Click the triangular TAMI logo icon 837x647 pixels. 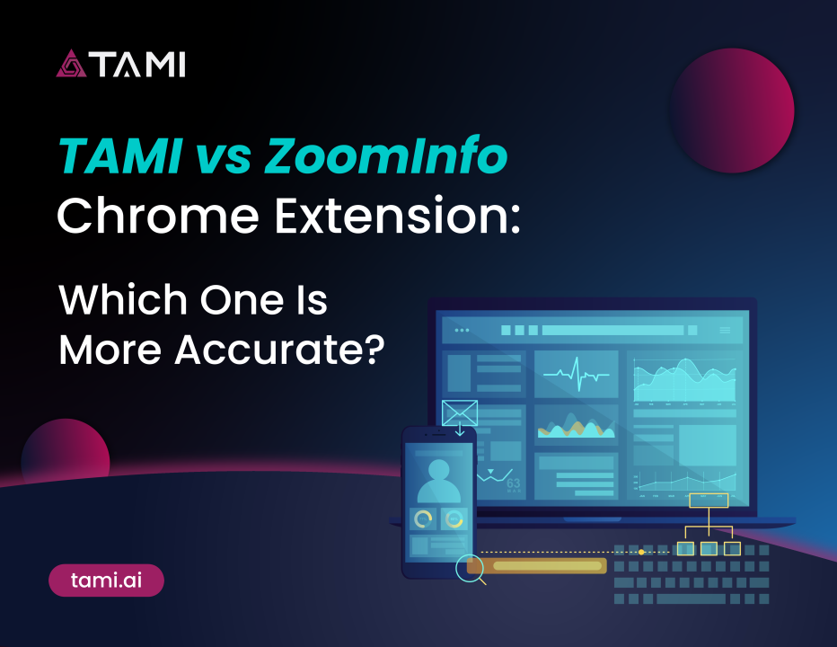(71, 64)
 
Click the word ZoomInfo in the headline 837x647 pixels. (385, 156)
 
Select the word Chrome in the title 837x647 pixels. (158, 216)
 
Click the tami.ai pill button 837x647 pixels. (106, 581)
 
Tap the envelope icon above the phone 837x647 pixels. (460, 413)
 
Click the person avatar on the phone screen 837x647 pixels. (438, 482)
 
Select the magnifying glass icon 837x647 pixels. (471, 570)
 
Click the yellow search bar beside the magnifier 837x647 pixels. (537, 566)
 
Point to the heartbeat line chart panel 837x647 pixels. (576, 374)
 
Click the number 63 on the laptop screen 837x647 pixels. (513, 483)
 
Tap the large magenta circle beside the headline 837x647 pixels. (733, 111)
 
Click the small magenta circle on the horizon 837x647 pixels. (66, 450)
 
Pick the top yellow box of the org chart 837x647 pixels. (709, 501)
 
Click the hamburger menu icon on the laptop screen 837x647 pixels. (725, 330)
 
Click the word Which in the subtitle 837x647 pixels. (123, 299)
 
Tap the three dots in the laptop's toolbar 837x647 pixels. (462, 330)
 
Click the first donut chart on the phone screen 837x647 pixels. (423, 518)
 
